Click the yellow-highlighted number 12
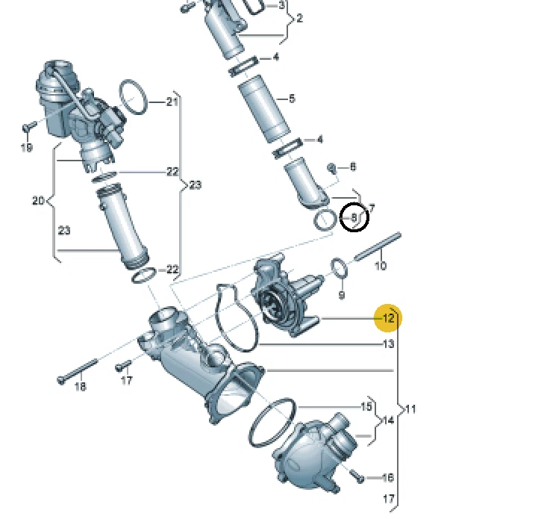tap(388, 318)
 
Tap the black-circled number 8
tap(354, 218)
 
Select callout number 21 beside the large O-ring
tap(173, 101)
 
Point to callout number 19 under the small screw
tap(26, 147)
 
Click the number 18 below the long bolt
tap(80, 386)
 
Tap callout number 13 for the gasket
tap(388, 344)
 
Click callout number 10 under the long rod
tap(380, 265)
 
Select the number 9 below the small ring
tap(341, 296)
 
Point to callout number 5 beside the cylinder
tap(292, 99)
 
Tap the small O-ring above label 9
tap(338, 267)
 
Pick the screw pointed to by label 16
tap(354, 473)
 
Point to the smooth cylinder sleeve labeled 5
tap(263, 108)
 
